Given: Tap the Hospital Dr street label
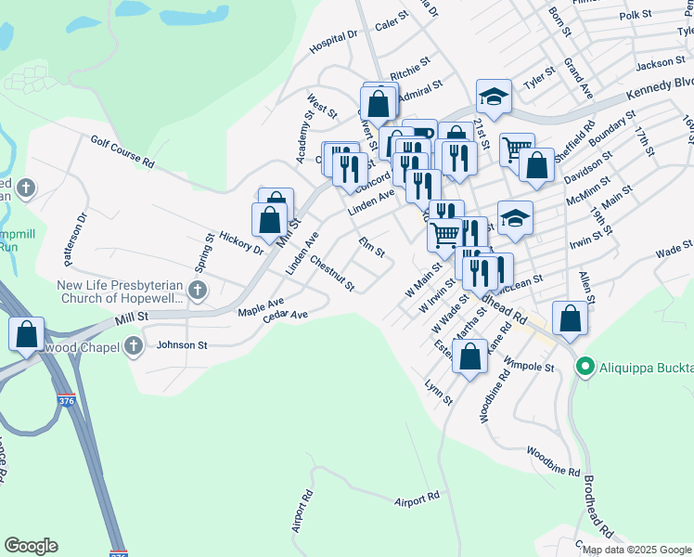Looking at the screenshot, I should tap(334, 41).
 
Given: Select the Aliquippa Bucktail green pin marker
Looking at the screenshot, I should tap(585, 367).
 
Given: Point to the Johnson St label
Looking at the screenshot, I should tap(182, 345).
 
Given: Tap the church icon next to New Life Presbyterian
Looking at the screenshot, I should tap(197, 291).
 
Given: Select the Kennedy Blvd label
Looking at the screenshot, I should tap(659, 96).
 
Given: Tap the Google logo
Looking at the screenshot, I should tap(32, 547).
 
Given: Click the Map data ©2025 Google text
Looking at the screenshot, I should tap(636, 550).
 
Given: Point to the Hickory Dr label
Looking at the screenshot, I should tap(242, 240).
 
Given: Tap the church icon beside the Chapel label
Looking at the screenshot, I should tap(134, 346).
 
